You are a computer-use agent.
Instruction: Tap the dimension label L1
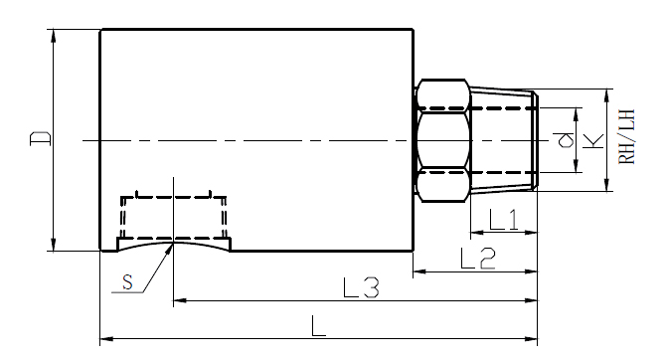[x=502, y=220]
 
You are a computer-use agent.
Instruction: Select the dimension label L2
[x=477, y=258]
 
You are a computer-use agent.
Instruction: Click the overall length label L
[x=319, y=325]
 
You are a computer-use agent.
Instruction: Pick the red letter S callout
[x=126, y=282]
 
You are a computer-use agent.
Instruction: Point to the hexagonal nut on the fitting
[x=442, y=140]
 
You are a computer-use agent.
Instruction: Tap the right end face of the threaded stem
[x=537, y=140]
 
